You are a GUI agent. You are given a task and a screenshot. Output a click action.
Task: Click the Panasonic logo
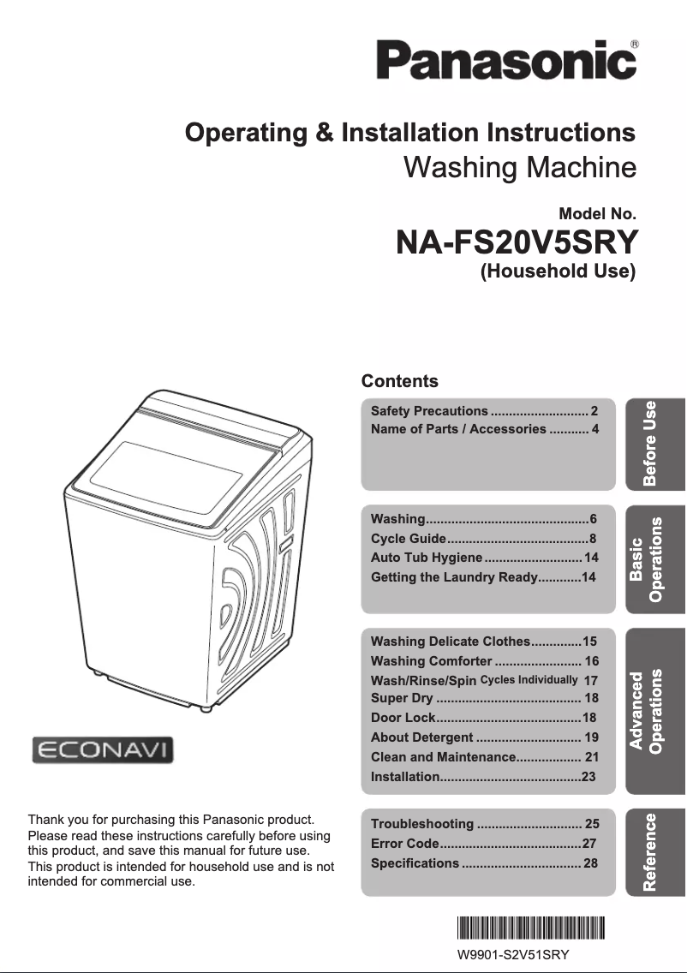pyautogui.click(x=506, y=60)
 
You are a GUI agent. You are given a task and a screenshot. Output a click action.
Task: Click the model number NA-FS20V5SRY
pyautogui.click(x=517, y=242)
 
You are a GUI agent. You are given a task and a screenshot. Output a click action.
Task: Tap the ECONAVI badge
pyautogui.click(x=103, y=750)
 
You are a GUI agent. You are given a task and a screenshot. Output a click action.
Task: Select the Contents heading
pyautogui.click(x=399, y=381)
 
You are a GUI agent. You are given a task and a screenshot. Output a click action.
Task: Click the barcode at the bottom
pyautogui.click(x=531, y=928)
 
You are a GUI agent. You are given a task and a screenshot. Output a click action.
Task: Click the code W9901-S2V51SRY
pyautogui.click(x=513, y=954)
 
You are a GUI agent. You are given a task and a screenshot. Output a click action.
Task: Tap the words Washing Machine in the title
pyautogui.click(x=519, y=166)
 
